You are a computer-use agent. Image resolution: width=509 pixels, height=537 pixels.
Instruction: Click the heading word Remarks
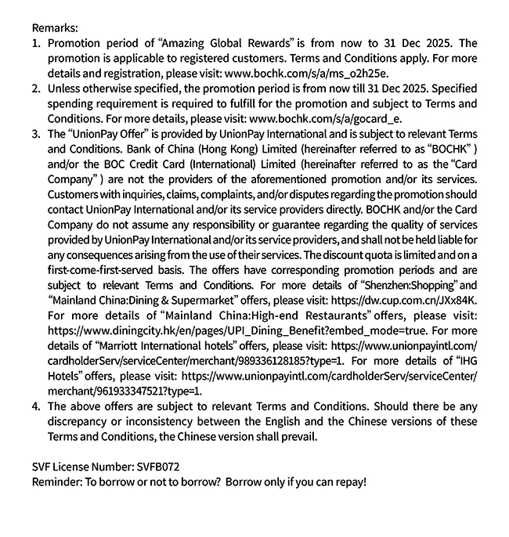tap(56, 27)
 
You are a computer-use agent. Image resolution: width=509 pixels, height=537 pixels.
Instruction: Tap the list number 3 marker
tap(36, 134)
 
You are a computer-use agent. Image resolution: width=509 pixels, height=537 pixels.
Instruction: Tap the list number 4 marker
tap(36, 406)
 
